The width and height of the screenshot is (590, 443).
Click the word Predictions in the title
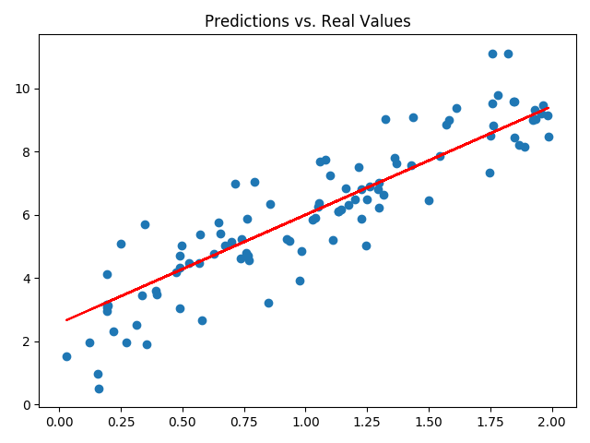coord(243,21)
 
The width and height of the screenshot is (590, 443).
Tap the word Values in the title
coord(385,21)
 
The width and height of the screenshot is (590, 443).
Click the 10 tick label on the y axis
coord(23,89)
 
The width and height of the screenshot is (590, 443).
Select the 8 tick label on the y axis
coord(27,151)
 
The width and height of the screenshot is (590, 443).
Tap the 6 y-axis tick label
coord(27,215)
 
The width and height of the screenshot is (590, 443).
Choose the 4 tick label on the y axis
coord(27,278)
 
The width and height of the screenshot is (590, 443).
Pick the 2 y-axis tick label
coord(27,341)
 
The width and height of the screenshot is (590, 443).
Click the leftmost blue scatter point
coord(66,356)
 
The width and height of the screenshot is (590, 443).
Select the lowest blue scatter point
coord(99,389)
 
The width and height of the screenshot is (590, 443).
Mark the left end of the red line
coord(66,320)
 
